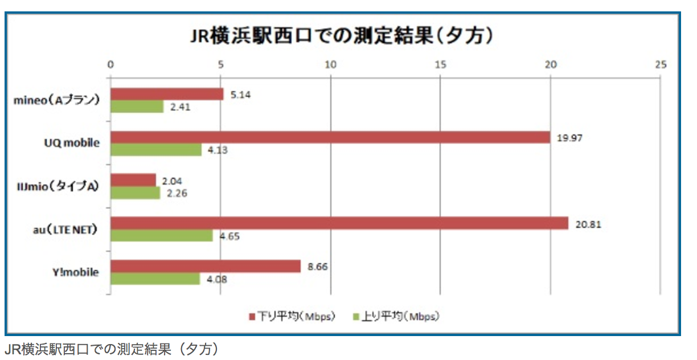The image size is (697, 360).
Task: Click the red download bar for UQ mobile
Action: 330,137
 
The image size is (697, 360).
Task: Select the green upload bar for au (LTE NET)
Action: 162,235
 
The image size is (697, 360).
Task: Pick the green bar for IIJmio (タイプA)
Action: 136,193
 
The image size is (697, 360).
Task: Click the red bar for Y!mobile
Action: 206,266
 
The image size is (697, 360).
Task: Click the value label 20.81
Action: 588,224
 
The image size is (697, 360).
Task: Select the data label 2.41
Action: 180,107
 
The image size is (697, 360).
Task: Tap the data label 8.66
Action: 317,266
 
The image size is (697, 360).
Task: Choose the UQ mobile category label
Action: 72,144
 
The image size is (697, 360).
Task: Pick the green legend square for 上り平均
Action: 357,316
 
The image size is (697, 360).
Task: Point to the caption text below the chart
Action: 112,349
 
